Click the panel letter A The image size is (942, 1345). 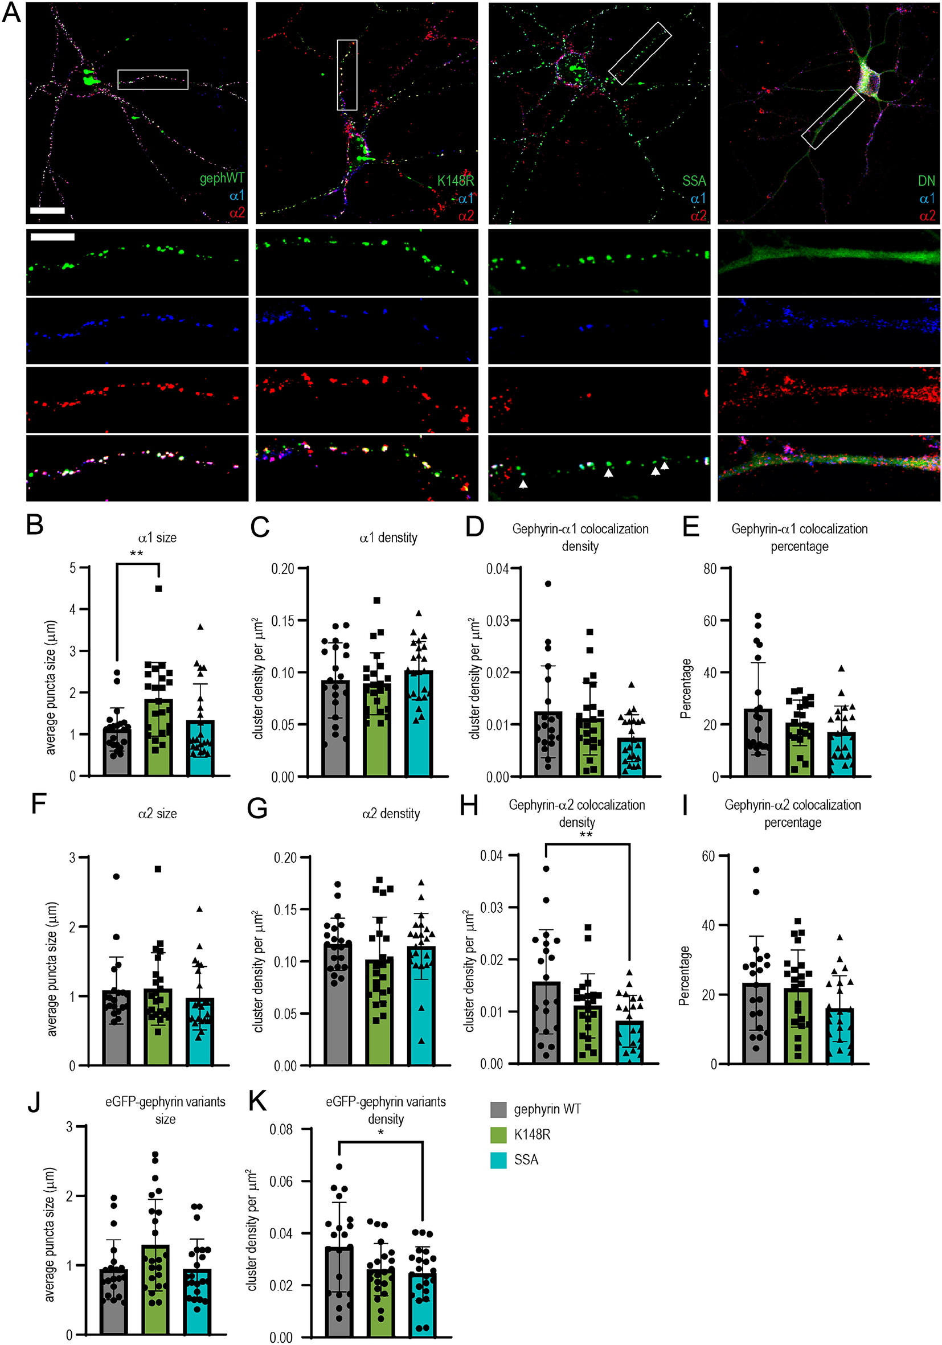(x=12, y=13)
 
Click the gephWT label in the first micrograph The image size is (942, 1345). (x=222, y=178)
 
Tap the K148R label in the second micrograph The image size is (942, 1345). (x=455, y=181)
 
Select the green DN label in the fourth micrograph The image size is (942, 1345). (x=925, y=181)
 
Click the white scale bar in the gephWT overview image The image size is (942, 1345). (x=47, y=210)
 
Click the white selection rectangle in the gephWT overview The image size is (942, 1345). (x=153, y=80)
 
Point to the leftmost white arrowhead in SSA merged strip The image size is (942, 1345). (x=523, y=484)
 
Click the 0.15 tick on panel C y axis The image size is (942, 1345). (x=283, y=620)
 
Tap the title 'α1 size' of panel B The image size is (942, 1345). (x=157, y=537)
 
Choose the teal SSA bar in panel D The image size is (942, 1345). (x=632, y=756)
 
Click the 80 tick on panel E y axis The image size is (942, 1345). (x=710, y=568)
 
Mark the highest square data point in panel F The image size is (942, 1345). (x=158, y=869)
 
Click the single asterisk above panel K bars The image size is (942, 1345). (x=381, y=1133)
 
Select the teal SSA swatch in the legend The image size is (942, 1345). (x=498, y=1160)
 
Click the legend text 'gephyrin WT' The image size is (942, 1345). (x=547, y=1109)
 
